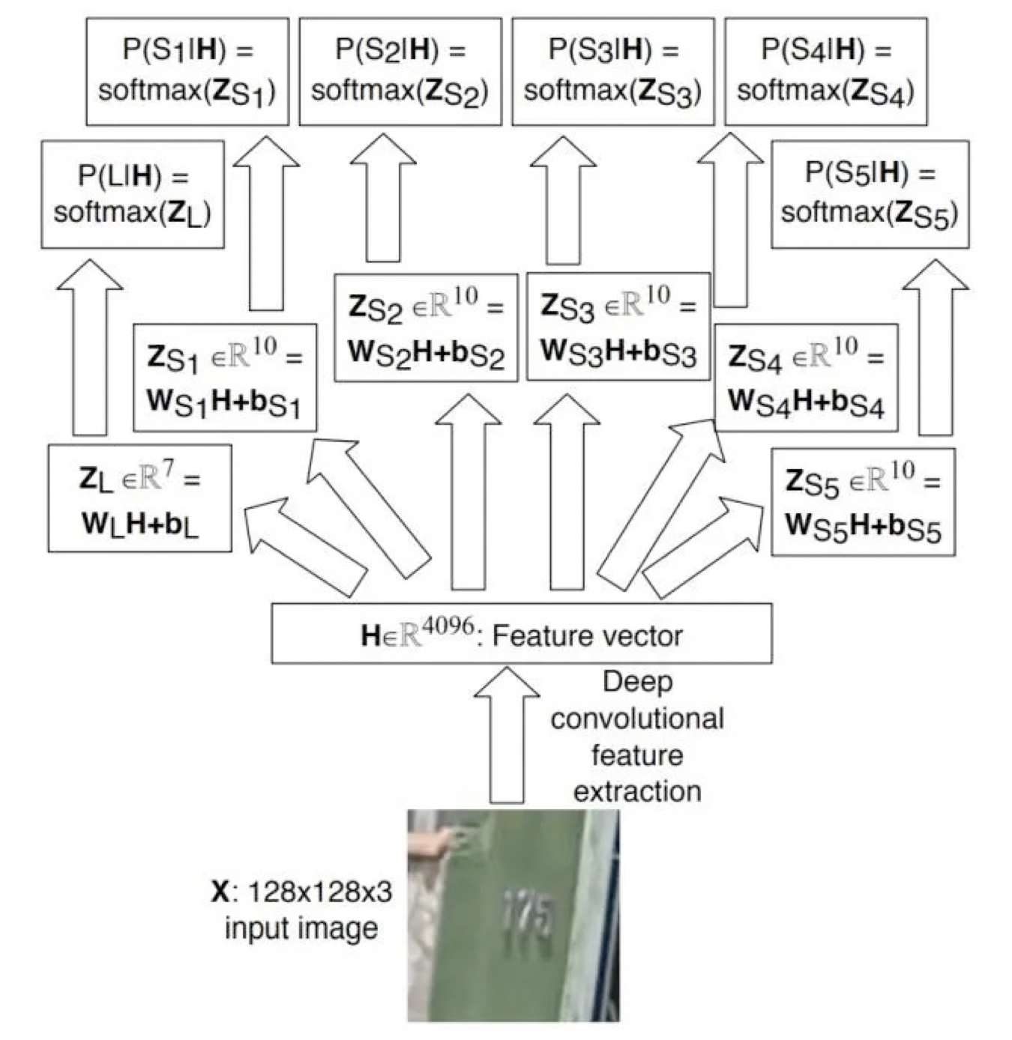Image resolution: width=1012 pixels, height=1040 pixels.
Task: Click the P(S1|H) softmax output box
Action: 187,71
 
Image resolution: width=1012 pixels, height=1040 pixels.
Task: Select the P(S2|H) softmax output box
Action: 400,71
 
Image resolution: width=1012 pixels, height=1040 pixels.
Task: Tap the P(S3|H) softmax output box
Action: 613,71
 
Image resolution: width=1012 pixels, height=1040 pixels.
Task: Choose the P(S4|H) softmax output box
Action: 826,71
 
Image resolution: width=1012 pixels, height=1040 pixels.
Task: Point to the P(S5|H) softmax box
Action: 870,194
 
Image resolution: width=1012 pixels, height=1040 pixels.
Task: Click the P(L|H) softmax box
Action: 133,194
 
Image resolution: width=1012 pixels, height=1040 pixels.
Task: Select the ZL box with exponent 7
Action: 139,498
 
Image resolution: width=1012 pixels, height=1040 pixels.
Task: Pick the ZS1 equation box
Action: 225,378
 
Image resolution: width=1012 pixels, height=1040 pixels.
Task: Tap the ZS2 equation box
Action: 426,328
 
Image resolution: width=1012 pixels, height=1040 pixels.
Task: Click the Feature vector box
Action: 521,634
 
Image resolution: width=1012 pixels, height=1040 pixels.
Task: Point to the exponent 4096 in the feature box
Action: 447,624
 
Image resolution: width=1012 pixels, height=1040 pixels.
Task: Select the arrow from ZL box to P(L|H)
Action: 90,348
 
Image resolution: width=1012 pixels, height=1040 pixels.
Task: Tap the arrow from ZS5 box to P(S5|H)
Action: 935,348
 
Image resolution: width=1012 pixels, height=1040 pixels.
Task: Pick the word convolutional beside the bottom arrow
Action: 636,719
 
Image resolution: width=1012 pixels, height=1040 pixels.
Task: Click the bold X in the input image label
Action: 220,892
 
